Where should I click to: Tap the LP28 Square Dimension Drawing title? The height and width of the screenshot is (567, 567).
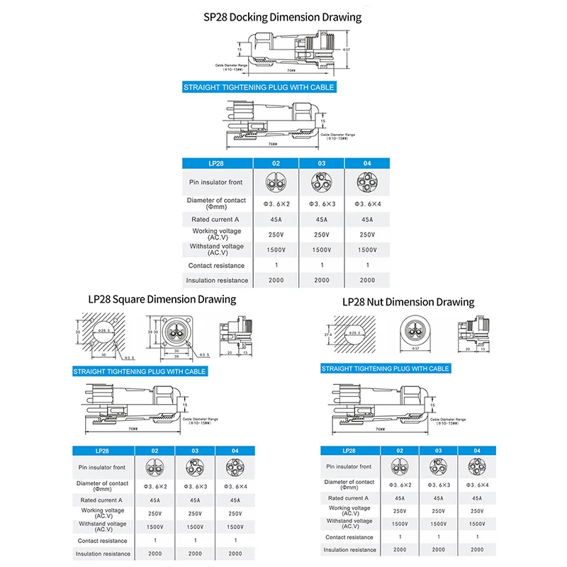[162, 299]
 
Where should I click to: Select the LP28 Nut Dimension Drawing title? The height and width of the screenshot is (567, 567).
[408, 302]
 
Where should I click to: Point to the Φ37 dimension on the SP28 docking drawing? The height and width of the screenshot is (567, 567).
[346, 50]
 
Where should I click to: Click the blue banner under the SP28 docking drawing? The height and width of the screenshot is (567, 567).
[258, 88]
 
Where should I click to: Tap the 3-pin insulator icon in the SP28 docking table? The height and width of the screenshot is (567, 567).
[322, 183]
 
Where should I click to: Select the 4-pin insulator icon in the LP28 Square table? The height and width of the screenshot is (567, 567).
[235, 467]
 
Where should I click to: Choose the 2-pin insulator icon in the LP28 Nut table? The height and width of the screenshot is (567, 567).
[400, 466]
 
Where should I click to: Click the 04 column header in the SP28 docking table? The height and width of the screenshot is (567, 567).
[367, 164]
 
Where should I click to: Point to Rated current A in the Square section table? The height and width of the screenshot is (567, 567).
[103, 500]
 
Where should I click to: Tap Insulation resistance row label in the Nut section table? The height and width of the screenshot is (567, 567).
[349, 549]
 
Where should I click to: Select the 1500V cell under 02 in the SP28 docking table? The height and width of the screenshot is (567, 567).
[276, 250]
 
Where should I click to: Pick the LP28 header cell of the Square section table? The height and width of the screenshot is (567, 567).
[103, 451]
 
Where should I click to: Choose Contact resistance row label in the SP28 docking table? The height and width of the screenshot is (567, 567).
[216, 266]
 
